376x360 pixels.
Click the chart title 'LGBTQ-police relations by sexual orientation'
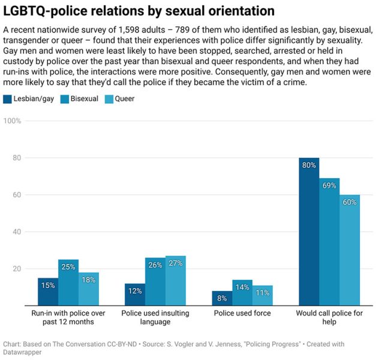pyautogui.click(x=139, y=11)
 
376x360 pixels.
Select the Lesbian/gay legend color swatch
pyautogui.click(x=8, y=98)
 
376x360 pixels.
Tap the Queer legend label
pyautogui.click(x=124, y=98)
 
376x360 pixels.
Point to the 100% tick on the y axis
pyautogui.click(x=13, y=121)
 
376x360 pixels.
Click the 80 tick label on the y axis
pyautogui.click(x=16, y=158)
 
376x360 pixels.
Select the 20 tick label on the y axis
pyautogui.click(x=16, y=269)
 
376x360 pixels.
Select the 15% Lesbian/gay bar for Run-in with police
pyautogui.click(x=48, y=292)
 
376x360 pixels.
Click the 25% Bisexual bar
pyautogui.click(x=68, y=283)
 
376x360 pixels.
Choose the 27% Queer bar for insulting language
pyautogui.click(x=176, y=281)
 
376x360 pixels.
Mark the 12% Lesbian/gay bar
pyautogui.click(x=134, y=295)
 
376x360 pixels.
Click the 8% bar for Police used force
pyautogui.click(x=221, y=298)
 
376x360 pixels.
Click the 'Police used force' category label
pyautogui.click(x=242, y=313)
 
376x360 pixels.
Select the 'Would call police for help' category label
pyautogui.click(x=329, y=317)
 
